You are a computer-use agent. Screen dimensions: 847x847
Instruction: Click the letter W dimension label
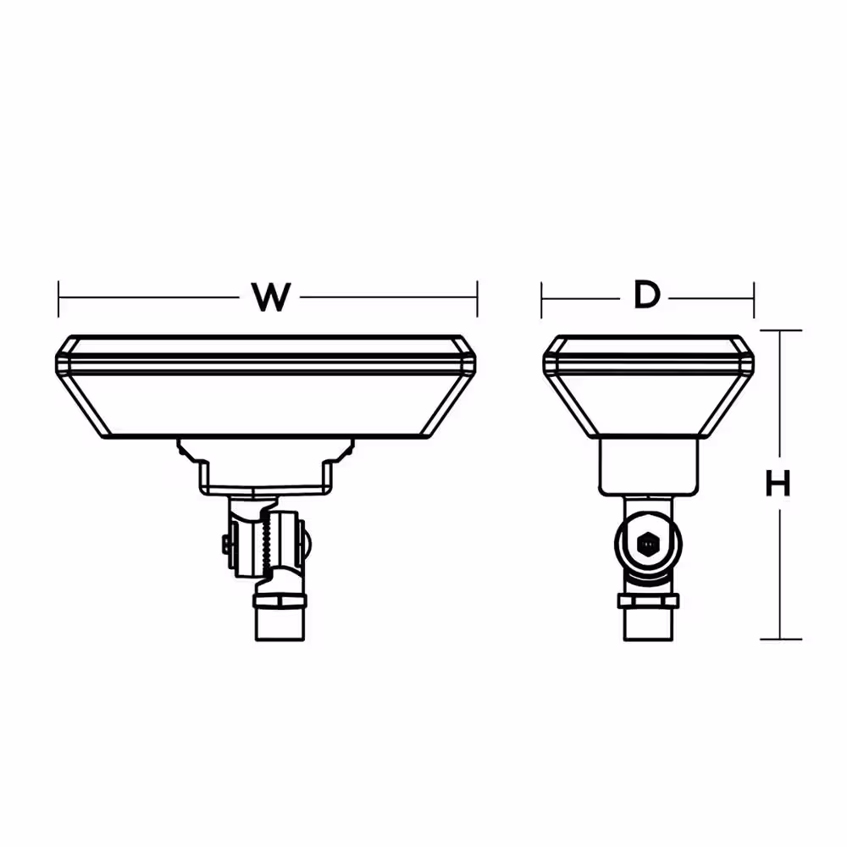[x=271, y=297]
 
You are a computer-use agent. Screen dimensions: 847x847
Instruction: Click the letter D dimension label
[x=646, y=296]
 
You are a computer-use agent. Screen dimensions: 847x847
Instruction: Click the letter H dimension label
[x=778, y=484]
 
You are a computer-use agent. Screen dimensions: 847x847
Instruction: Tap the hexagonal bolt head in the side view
[x=648, y=543]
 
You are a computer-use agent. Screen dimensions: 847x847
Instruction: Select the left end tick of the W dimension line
[x=58, y=297]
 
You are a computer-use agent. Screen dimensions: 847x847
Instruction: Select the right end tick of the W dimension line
[x=478, y=297]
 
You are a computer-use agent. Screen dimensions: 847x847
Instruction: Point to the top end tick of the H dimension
[x=780, y=330]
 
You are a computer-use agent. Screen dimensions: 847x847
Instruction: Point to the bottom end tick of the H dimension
[x=780, y=639]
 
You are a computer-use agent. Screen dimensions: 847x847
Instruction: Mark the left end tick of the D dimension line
[x=542, y=297]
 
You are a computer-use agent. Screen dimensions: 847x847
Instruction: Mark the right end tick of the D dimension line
[x=753, y=297]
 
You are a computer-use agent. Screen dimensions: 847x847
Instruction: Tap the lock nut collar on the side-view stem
[x=648, y=601]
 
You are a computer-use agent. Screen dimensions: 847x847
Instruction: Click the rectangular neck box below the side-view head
[x=648, y=467]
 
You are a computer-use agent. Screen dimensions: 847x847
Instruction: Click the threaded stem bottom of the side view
[x=648, y=625]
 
